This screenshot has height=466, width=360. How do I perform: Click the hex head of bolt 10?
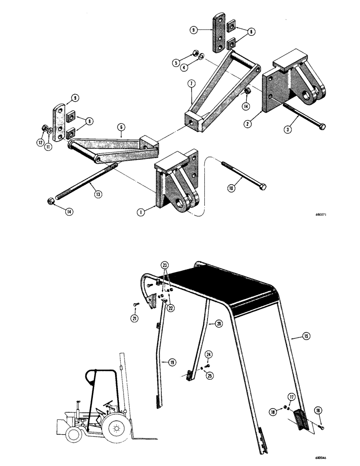point(262,187)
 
